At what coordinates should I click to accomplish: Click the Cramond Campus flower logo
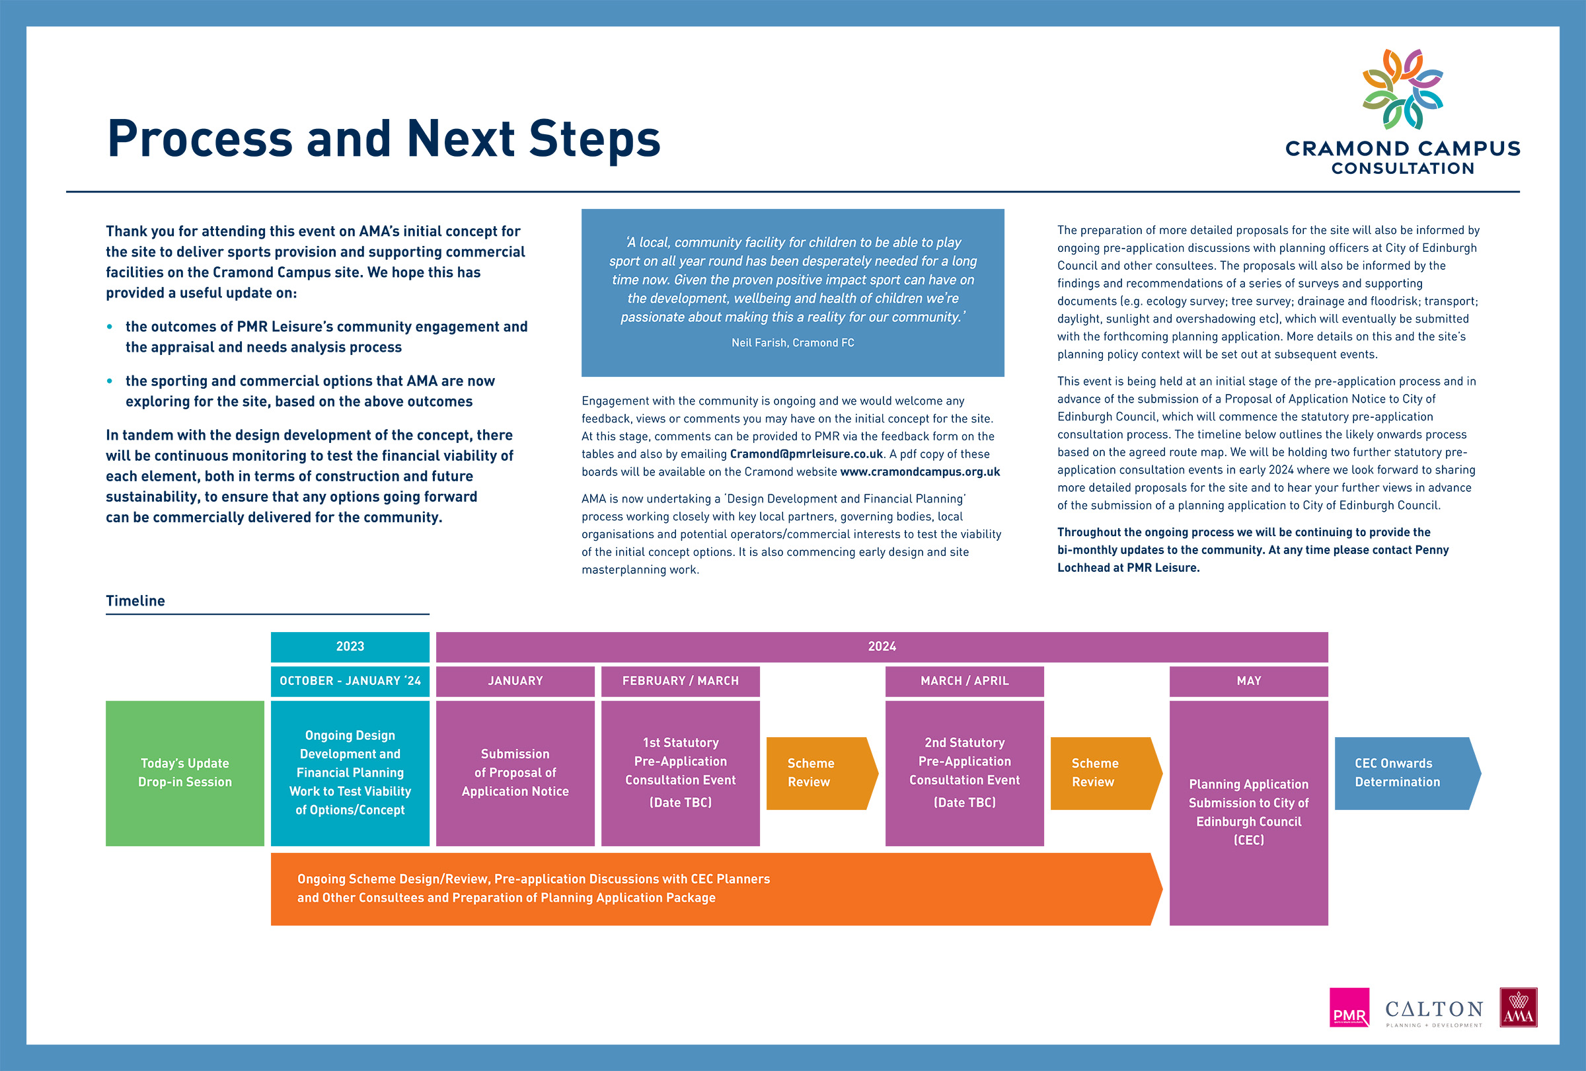point(1402,89)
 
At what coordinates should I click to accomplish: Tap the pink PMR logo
point(1349,1007)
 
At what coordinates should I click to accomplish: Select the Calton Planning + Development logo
point(1434,1013)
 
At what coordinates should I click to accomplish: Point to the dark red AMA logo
point(1519,1007)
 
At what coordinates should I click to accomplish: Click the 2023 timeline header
point(350,647)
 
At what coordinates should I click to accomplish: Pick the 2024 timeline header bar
point(882,647)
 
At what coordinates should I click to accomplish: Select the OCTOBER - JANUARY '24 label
point(350,681)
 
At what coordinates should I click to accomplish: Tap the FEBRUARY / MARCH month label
point(681,681)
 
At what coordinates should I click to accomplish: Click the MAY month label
point(1249,681)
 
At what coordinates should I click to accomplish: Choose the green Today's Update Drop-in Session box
point(185,773)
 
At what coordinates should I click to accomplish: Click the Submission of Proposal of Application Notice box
point(515,773)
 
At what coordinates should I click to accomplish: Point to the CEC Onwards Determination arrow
point(1407,773)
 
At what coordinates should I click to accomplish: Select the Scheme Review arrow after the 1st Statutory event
point(821,773)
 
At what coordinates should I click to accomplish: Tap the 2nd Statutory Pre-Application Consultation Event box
point(964,773)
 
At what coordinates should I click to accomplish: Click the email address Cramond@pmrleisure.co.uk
point(807,454)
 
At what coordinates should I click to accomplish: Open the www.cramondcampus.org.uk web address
point(920,471)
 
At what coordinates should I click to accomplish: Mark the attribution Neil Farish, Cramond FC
point(793,342)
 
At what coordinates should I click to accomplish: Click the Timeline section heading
point(135,601)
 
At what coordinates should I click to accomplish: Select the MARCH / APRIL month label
point(964,681)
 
